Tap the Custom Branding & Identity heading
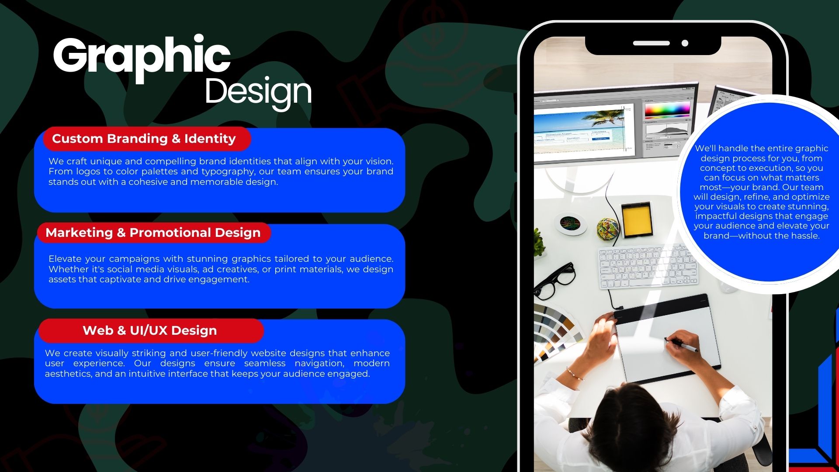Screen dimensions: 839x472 click(x=144, y=139)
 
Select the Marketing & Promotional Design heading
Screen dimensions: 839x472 click(x=153, y=233)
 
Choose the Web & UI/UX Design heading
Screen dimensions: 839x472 click(x=150, y=330)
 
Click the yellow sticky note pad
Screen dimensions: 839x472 click(x=637, y=219)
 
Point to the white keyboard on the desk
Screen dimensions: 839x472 click(x=647, y=267)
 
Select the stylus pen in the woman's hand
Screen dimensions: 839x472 click(x=682, y=345)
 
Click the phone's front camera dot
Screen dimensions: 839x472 click(x=685, y=43)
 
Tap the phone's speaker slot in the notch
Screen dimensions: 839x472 click(x=651, y=43)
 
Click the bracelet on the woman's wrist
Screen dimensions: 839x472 click(x=576, y=374)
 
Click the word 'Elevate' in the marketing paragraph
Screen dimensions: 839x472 click(x=65, y=259)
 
